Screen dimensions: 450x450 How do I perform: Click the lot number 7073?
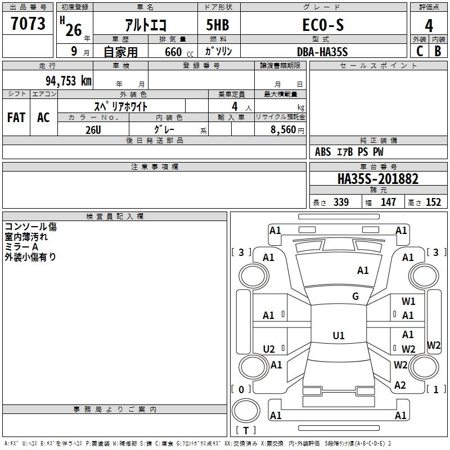(x=28, y=24)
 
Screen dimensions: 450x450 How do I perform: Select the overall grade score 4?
(x=429, y=26)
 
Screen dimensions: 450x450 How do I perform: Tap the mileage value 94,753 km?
(x=69, y=81)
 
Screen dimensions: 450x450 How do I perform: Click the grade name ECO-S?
(x=323, y=25)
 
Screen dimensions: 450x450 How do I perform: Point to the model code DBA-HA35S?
(x=322, y=52)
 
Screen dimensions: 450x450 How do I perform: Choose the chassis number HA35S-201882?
(x=378, y=179)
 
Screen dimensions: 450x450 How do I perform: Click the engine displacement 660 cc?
(x=179, y=52)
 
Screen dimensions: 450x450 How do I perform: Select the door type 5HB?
(x=218, y=25)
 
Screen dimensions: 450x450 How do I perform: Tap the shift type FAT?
(x=16, y=118)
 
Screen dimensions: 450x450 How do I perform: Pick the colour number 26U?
(x=93, y=130)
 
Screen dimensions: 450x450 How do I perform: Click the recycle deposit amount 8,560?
(x=283, y=129)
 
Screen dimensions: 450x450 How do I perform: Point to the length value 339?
(x=341, y=202)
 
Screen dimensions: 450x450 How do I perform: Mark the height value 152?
(x=433, y=202)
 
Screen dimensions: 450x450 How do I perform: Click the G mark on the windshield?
(x=355, y=296)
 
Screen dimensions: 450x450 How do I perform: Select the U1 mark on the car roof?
(x=339, y=335)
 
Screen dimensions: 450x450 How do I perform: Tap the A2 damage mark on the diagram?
(x=400, y=385)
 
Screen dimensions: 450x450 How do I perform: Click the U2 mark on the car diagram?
(x=269, y=349)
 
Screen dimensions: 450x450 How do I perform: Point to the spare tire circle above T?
(x=246, y=411)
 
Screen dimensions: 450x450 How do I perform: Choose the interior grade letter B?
(x=438, y=51)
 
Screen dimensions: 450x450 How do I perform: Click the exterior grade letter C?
(x=420, y=51)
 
